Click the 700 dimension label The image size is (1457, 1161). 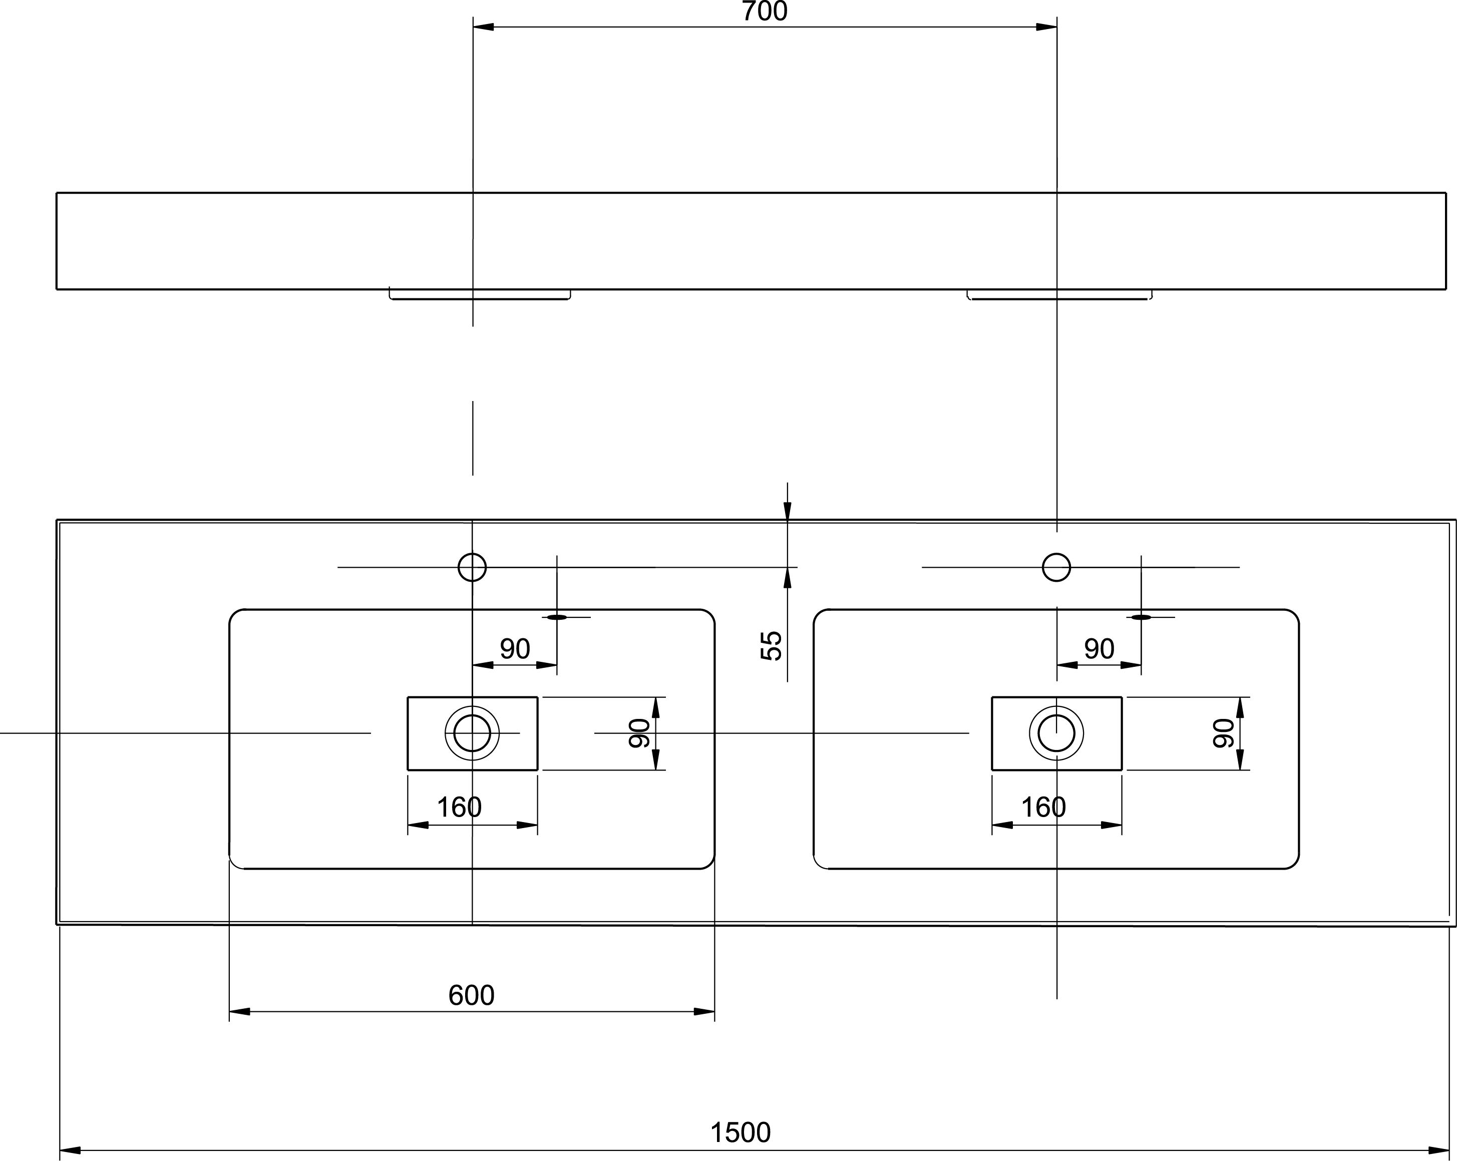click(x=765, y=12)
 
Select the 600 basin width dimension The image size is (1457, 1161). click(x=471, y=995)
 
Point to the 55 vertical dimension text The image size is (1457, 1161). click(x=771, y=645)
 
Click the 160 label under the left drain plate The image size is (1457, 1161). click(x=459, y=807)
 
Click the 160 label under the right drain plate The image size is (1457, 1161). click(x=1043, y=807)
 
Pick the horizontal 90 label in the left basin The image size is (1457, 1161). click(x=514, y=649)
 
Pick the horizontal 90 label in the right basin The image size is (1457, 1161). click(x=1099, y=649)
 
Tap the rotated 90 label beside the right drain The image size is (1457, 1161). click(x=1224, y=733)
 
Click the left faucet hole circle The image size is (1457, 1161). click(x=472, y=554)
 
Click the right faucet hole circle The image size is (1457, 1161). click(x=1056, y=554)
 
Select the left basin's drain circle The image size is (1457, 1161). click(x=472, y=715)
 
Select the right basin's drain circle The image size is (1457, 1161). click(x=1056, y=715)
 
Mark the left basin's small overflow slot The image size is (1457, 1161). click(x=557, y=617)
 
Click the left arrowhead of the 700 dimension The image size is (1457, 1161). click(x=483, y=27)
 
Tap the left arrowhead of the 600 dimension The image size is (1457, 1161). click(x=240, y=1012)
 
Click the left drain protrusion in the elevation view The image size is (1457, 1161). click(x=480, y=295)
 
